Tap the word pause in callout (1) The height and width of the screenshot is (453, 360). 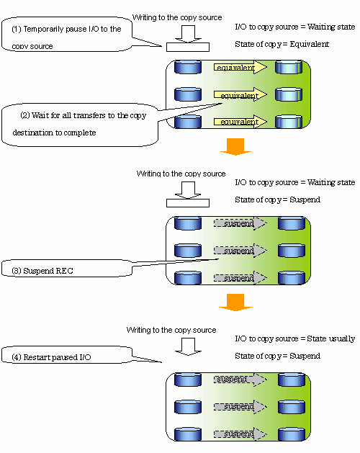click(x=76, y=30)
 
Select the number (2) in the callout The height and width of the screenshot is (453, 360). click(x=25, y=115)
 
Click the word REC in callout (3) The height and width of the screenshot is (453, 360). click(x=64, y=271)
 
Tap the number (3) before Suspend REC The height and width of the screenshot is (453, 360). click(x=17, y=271)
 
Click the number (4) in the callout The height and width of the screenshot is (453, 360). click(x=17, y=357)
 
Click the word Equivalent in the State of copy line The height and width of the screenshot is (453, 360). click(x=309, y=44)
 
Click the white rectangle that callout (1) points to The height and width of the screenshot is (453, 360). click(x=188, y=47)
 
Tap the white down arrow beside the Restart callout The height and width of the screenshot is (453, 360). click(x=188, y=346)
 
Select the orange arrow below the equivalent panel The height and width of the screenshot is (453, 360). click(x=235, y=147)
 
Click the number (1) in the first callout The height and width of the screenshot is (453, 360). click(x=17, y=29)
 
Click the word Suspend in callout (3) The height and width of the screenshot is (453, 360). click(x=38, y=271)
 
